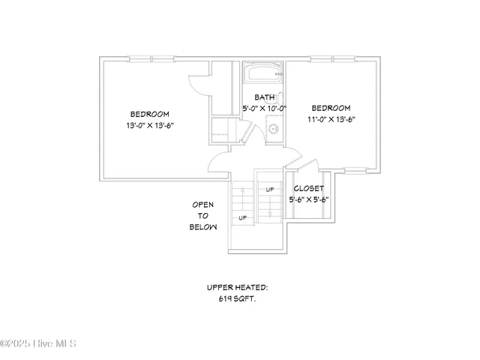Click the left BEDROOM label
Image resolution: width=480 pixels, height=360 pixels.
[148, 114]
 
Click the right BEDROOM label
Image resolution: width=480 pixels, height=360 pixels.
[331, 108]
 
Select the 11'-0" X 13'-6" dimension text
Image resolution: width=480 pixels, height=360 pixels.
[331, 118]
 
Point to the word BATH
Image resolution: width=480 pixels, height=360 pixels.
[265, 97]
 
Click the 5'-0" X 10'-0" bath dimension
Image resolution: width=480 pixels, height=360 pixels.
[265, 108]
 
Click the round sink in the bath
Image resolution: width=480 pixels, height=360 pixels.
[274, 129]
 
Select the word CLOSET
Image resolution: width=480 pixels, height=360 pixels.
[308, 188]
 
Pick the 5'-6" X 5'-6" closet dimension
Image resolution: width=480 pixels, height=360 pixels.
[309, 199]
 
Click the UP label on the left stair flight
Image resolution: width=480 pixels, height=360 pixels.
[242, 217]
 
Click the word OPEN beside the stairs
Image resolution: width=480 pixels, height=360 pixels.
[203, 204]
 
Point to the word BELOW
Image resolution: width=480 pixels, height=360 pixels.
[203, 226]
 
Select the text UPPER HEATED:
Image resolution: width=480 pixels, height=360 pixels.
[238, 287]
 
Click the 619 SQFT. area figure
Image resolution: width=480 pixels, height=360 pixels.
[238, 298]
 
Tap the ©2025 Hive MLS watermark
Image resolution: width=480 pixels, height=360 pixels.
[39, 344]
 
